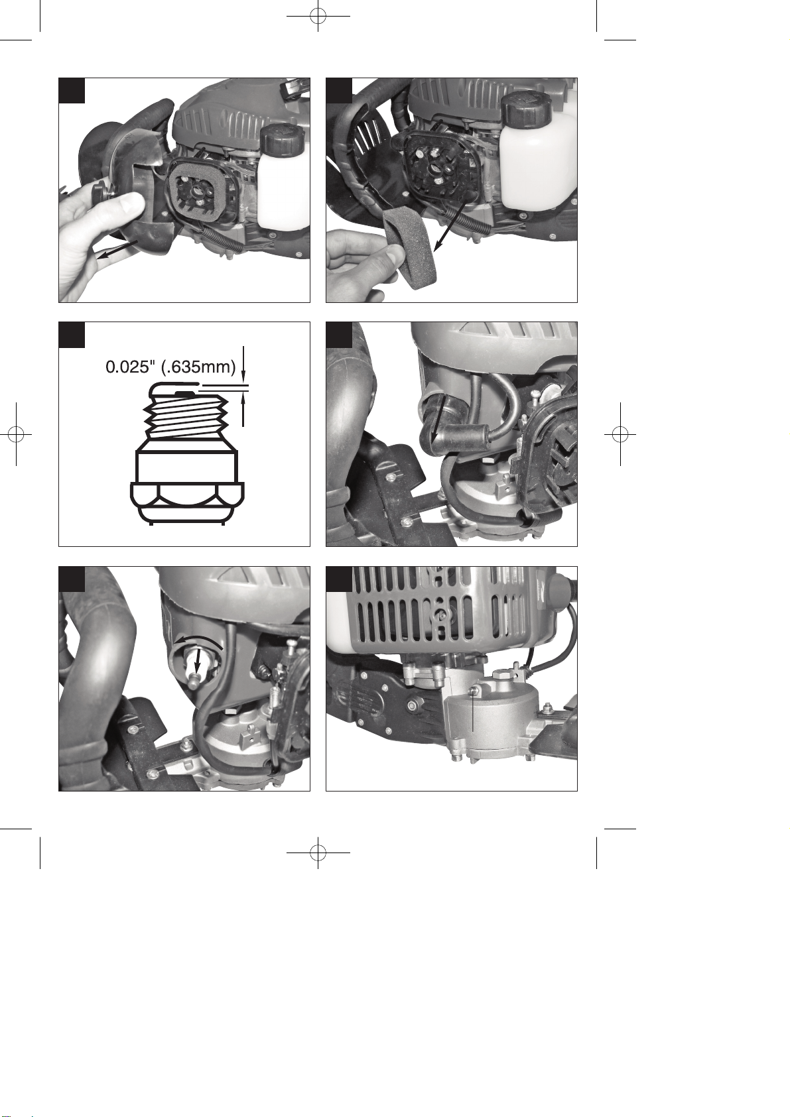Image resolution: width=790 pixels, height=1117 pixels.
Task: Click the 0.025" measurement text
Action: point(130,367)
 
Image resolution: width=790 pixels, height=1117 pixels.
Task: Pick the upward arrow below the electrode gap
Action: point(243,410)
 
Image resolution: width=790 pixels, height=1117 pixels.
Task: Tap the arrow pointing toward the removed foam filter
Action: point(451,222)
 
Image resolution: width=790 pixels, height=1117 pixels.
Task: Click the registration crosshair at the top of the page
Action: point(318,16)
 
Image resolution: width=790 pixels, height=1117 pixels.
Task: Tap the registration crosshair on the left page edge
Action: point(16,434)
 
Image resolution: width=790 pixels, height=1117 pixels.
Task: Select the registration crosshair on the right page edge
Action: point(620,434)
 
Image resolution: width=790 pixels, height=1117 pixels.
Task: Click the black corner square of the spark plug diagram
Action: point(72,335)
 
